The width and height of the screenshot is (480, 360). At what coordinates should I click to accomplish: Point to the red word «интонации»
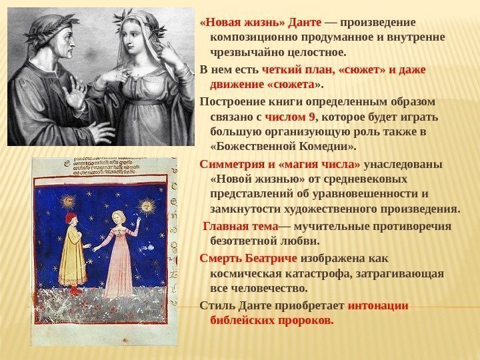coord(378,305)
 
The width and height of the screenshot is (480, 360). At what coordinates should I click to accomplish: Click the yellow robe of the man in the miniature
coord(73,257)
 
